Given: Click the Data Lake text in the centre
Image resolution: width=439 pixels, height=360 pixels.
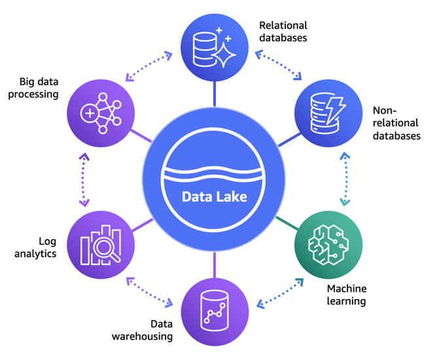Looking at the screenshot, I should [x=214, y=196].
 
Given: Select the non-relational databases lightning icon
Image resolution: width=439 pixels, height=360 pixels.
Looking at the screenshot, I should [x=328, y=113].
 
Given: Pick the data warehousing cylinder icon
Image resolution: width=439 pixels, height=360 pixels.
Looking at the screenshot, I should [x=215, y=312].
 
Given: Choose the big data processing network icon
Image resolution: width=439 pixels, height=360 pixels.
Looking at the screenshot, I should [x=101, y=113].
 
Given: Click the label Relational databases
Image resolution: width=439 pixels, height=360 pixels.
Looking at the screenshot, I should [x=283, y=31].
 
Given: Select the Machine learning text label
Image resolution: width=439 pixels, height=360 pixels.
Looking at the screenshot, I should [x=346, y=295].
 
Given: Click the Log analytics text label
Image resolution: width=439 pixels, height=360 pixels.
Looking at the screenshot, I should [x=35, y=247].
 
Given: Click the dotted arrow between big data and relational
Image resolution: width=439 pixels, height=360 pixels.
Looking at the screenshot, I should [x=149, y=67].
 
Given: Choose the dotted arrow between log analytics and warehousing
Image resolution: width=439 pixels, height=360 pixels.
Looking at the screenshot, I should [x=150, y=292].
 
